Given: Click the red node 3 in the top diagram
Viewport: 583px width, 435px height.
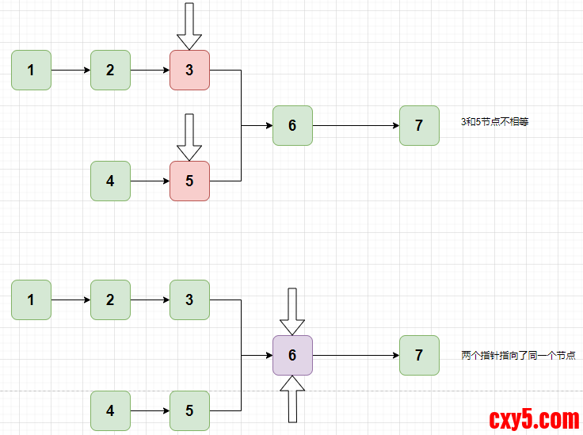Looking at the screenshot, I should point(189,70).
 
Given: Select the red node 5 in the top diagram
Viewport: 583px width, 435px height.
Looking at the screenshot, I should point(189,181).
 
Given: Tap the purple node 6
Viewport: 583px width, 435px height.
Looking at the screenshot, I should point(292,355).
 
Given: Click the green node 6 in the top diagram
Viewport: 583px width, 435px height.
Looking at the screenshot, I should point(292,125).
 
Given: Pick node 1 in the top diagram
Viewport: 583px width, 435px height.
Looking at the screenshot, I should point(31,70).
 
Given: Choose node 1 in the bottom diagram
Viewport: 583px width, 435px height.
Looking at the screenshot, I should point(31,300).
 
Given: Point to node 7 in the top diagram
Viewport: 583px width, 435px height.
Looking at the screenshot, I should point(419,125).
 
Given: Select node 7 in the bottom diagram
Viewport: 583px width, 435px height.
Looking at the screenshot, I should point(419,355).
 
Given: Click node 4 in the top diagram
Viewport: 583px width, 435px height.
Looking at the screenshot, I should point(110,181).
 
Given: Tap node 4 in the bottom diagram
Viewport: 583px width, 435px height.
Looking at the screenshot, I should point(110,410).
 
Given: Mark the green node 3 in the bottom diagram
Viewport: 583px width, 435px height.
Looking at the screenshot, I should point(189,300).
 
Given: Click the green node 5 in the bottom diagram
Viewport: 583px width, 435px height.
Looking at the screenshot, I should point(189,410).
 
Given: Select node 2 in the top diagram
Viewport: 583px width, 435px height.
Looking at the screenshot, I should point(110,70).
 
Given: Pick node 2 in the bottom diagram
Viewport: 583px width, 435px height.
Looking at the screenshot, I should point(110,300).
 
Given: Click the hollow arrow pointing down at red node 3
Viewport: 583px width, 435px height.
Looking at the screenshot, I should point(189,26).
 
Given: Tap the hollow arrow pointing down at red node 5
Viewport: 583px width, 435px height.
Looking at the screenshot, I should point(189,137).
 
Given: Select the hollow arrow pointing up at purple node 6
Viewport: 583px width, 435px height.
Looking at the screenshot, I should point(292,399).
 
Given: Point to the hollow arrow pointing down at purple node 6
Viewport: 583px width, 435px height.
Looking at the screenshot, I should point(292,311).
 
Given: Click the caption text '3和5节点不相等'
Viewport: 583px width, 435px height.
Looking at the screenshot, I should point(494,122).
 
